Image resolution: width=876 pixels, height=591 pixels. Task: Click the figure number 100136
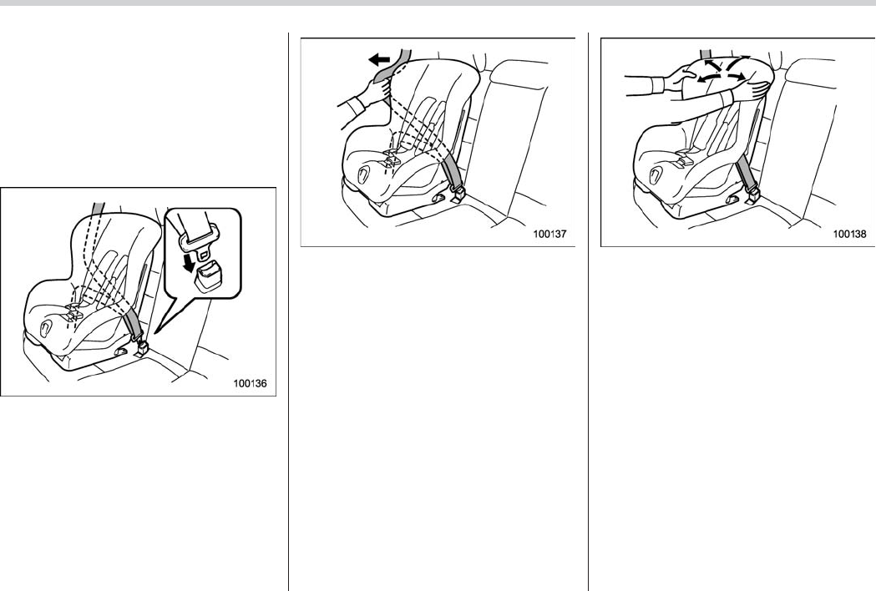[250, 383]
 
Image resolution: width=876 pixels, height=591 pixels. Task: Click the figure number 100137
[549, 234]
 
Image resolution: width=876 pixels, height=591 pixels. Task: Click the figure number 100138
[849, 234]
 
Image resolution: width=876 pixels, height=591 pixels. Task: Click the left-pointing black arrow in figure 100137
[379, 58]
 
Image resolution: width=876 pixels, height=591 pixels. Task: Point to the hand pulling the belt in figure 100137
[377, 90]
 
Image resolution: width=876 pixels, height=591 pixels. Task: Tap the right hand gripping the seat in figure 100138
[752, 89]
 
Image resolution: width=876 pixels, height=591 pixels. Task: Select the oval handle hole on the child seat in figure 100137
[363, 174]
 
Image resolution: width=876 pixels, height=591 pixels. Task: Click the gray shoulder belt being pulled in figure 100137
[394, 64]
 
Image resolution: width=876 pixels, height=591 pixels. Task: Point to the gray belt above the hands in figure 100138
[706, 53]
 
